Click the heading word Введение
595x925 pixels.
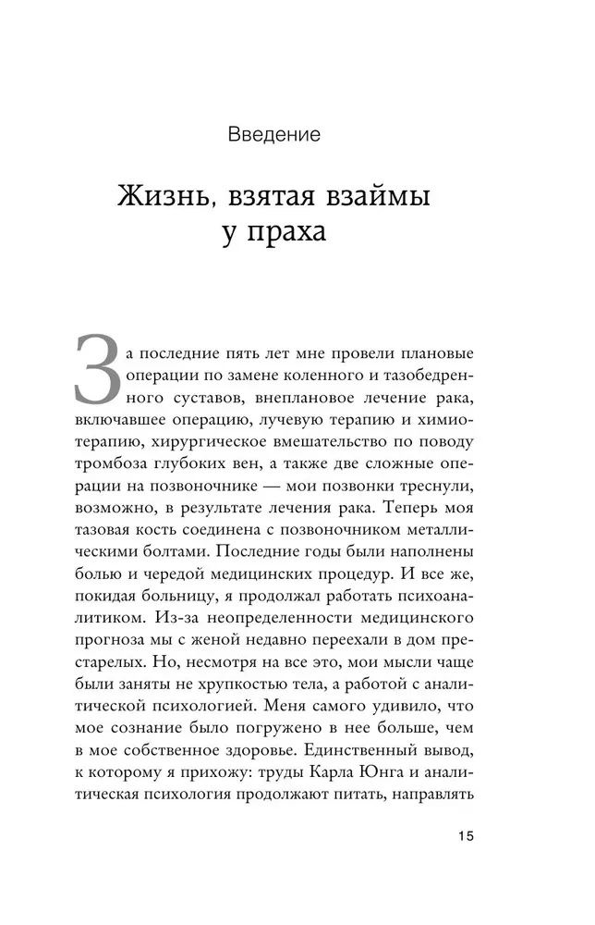pyautogui.click(x=273, y=136)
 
